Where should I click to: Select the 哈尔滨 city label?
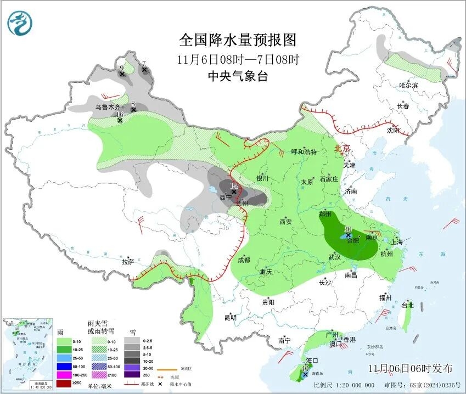408,85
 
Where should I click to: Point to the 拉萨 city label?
127,262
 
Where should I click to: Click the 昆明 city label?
230,317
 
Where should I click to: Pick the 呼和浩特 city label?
304,151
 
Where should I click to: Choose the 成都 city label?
244,260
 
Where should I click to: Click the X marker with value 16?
120,120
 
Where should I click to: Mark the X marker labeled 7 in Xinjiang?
144,70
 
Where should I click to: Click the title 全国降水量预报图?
238,40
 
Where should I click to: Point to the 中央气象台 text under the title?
238,77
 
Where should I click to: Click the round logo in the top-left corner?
20,23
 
